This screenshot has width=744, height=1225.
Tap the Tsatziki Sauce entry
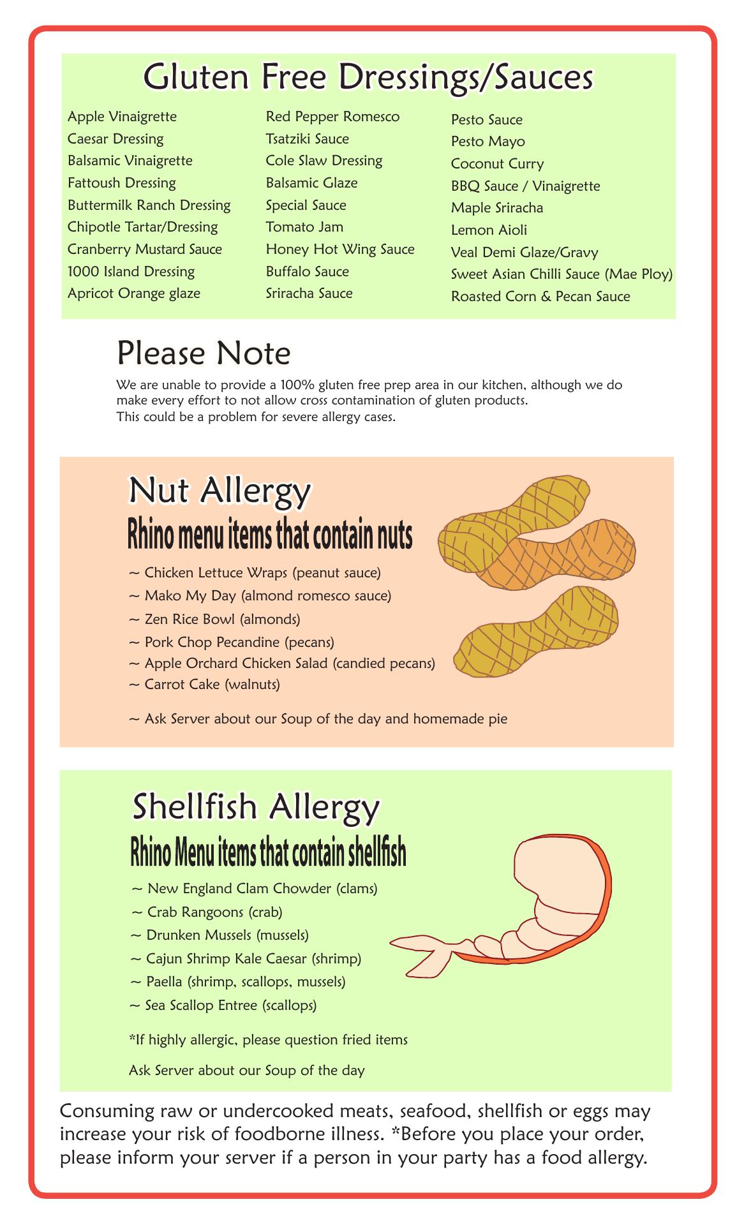pyautogui.click(x=308, y=139)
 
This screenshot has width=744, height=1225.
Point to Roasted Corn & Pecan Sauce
pyautogui.click(x=540, y=297)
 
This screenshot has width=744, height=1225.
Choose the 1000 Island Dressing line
pyautogui.click(x=131, y=272)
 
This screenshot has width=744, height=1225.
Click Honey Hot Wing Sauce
pyautogui.click(x=340, y=249)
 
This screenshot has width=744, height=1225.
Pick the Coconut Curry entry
pyautogui.click(x=498, y=164)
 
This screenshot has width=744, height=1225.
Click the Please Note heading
pyautogui.click(x=204, y=353)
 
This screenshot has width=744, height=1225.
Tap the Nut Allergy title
pyautogui.click(x=219, y=490)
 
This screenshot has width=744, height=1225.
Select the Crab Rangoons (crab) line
pyautogui.click(x=207, y=912)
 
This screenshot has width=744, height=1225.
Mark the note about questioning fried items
pyautogui.click(x=268, y=1040)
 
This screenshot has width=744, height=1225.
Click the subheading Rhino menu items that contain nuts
pyautogui.click(x=270, y=536)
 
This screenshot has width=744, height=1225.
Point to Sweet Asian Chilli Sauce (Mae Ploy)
pyautogui.click(x=562, y=274)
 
